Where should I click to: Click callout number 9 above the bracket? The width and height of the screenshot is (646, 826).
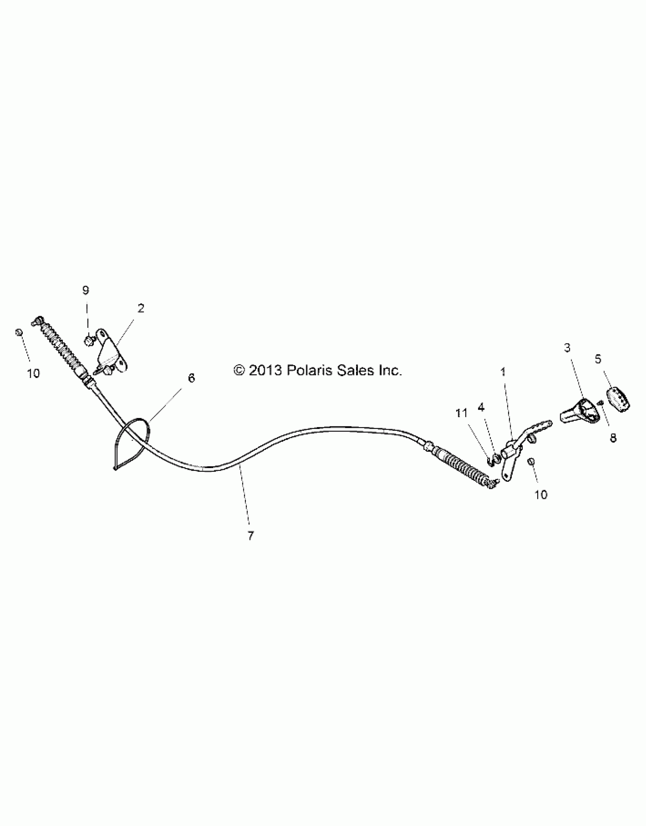86,291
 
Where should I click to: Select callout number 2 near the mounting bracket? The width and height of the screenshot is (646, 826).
141,309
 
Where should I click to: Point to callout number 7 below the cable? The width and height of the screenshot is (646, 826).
250,536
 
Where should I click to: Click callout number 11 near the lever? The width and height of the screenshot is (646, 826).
461,413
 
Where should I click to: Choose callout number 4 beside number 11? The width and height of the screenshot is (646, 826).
481,407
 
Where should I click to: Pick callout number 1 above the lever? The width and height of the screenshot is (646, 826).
503,372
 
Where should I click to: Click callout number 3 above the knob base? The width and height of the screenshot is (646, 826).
567,347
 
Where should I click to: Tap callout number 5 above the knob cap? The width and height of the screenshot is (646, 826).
598,359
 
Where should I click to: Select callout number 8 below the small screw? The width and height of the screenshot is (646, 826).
613,438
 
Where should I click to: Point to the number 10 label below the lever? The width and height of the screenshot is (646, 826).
541,495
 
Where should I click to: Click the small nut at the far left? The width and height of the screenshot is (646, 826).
18,332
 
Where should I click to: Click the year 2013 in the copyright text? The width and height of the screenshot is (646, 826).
265,370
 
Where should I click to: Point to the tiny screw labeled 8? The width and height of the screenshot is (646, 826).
600,403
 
